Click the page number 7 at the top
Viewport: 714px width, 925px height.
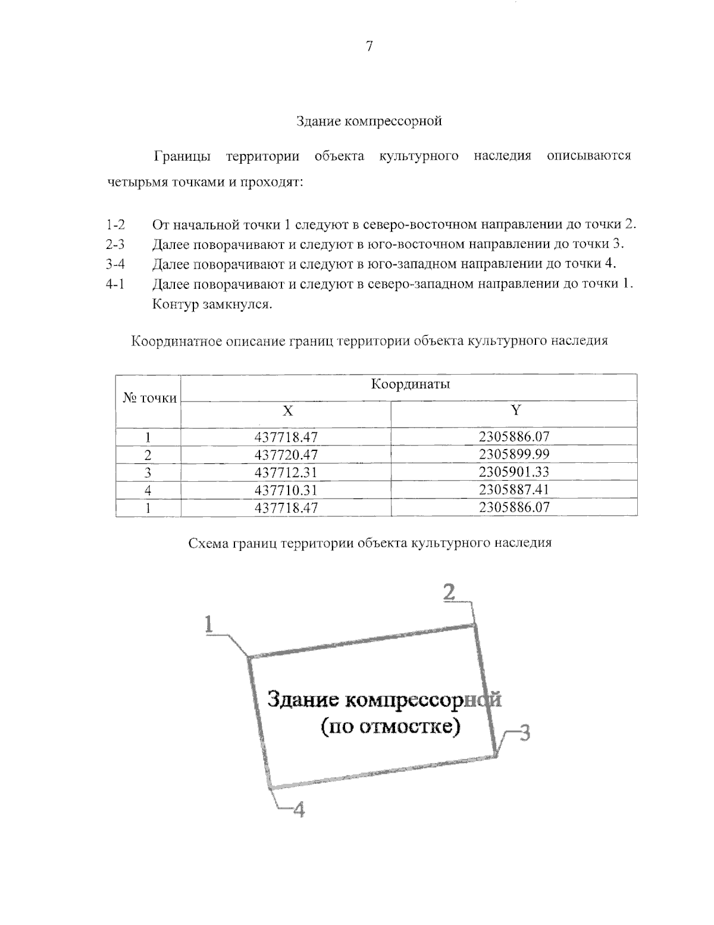pyautogui.click(x=369, y=46)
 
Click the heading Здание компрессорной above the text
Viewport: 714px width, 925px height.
pyautogui.click(x=369, y=122)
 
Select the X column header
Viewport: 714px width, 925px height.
pyautogui.click(x=287, y=410)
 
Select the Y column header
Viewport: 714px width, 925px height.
pyautogui.click(x=515, y=410)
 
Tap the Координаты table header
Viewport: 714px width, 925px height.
pyautogui.click(x=411, y=384)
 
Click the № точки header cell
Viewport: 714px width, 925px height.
pyautogui.click(x=149, y=398)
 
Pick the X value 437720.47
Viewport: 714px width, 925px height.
pyautogui.click(x=286, y=455)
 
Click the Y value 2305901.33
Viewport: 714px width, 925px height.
pyautogui.click(x=514, y=472)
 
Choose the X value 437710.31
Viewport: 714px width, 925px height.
pyautogui.click(x=286, y=490)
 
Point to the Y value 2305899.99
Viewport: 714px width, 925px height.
pyautogui.click(x=514, y=454)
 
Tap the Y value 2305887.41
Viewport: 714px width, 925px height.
pyautogui.click(x=514, y=490)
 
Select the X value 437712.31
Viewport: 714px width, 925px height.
pyautogui.click(x=286, y=473)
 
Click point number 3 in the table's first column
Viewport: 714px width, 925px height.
pyautogui.click(x=148, y=473)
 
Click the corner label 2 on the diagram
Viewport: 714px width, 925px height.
pyautogui.click(x=449, y=592)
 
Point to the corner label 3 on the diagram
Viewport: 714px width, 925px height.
pyautogui.click(x=524, y=732)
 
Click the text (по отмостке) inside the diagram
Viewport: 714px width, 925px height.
pyautogui.click(x=390, y=727)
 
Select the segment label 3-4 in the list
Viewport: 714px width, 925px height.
pyautogui.click(x=115, y=264)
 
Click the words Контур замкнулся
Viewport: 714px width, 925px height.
pyautogui.click(x=212, y=305)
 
